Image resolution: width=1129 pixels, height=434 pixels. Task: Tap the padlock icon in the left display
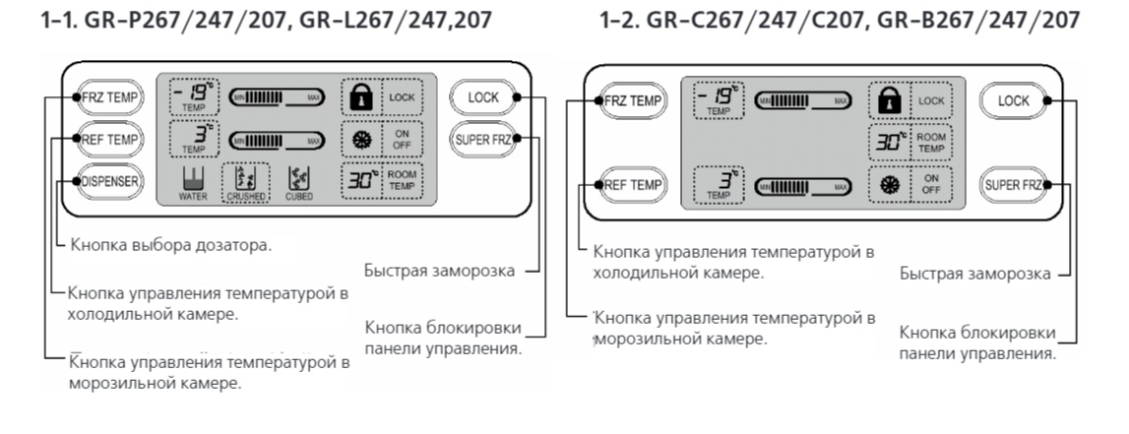pyautogui.click(x=356, y=96)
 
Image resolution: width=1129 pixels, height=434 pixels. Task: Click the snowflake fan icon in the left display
pyautogui.click(x=356, y=139)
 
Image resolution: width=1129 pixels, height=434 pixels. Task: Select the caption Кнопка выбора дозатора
pyautogui.click(x=163, y=244)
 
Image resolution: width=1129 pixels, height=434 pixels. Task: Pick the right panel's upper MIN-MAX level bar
pyautogui.click(x=801, y=100)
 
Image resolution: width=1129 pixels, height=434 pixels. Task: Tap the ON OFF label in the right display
pyautogui.click(x=930, y=184)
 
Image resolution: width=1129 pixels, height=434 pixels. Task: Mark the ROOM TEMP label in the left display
pyautogui.click(x=405, y=180)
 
